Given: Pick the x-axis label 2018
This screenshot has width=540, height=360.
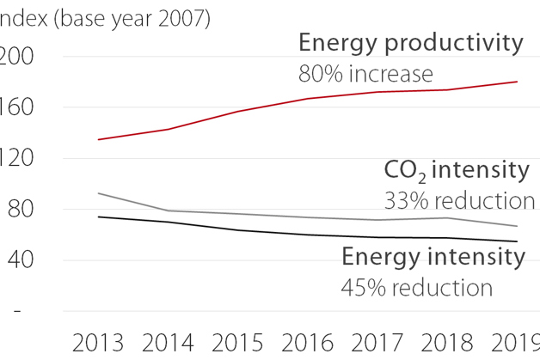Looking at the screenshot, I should click(x=446, y=342).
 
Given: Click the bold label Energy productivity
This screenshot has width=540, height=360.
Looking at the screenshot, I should click(x=410, y=43).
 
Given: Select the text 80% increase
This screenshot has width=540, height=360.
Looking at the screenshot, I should click(x=365, y=74).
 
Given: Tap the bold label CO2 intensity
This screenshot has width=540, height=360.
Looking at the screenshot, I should click(x=456, y=170).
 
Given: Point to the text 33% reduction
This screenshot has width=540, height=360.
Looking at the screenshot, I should click(x=459, y=200).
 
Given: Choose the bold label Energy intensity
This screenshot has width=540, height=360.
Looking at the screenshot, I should click(x=433, y=256).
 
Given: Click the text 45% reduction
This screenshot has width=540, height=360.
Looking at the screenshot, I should click(x=417, y=287).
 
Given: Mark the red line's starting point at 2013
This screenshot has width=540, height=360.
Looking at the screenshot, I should click(x=99, y=139).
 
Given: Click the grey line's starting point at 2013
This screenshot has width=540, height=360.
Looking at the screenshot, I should click(x=99, y=193).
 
